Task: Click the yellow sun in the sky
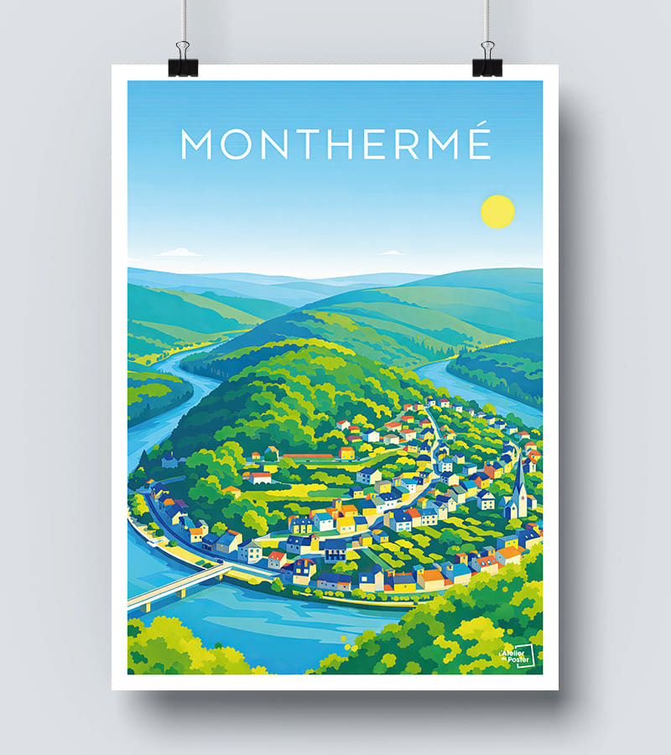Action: (x=497, y=211)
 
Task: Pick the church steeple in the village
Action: (x=520, y=487)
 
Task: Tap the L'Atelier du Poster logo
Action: (x=516, y=657)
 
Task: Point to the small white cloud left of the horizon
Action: (x=178, y=253)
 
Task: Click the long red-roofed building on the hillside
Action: (x=308, y=456)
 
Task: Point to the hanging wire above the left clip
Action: (x=182, y=21)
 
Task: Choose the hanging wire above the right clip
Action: (x=486, y=21)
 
